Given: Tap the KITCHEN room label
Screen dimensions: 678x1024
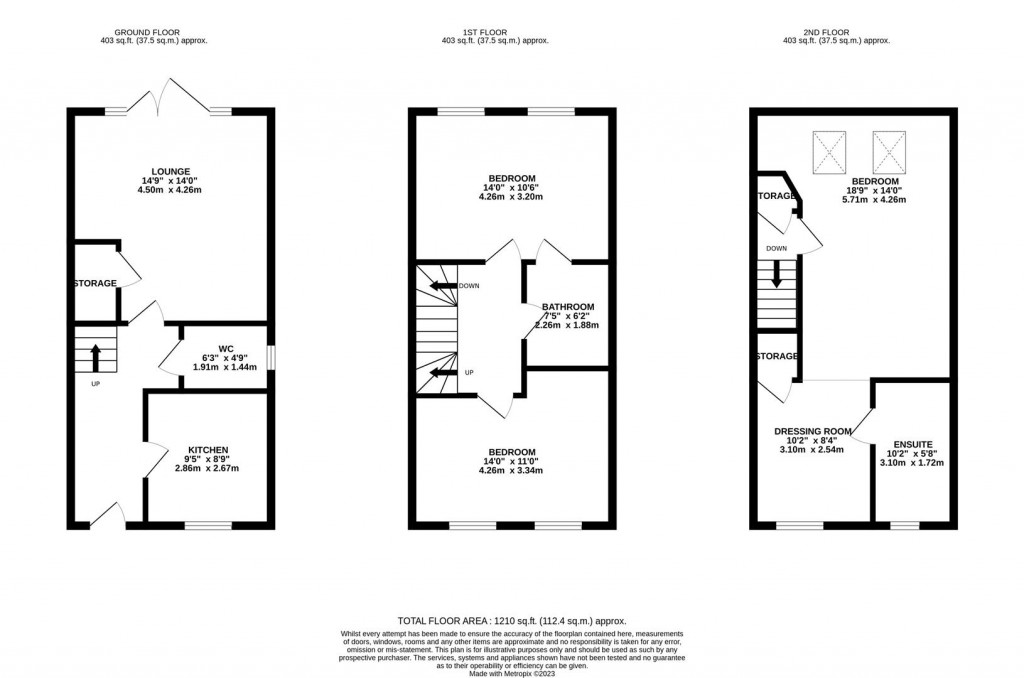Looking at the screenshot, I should coord(209,450).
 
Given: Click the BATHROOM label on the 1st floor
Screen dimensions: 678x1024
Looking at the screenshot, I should coord(568,307).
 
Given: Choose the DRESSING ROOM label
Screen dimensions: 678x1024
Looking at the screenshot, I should coord(813,432).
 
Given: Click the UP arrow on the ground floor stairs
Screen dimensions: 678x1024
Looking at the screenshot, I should coord(95,354).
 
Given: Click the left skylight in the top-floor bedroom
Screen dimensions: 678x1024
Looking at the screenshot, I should coord(829,151).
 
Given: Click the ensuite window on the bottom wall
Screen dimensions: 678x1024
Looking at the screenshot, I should coord(905,524).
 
